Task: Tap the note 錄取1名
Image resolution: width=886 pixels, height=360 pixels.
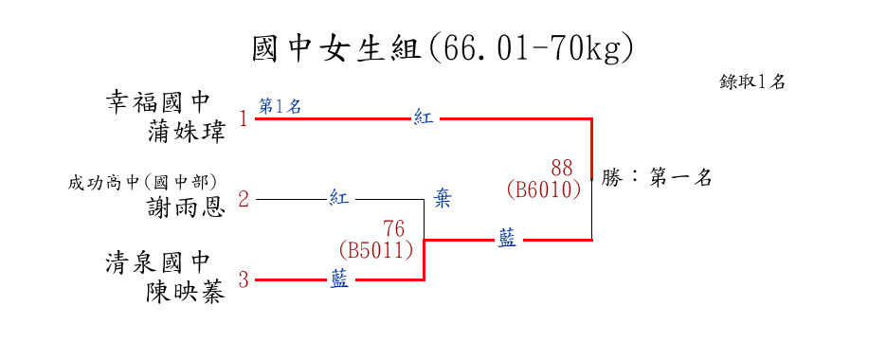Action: [x=752, y=81]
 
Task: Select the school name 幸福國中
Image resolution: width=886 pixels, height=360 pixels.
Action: [x=157, y=103]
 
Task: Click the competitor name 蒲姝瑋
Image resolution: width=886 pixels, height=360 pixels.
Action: [x=187, y=132]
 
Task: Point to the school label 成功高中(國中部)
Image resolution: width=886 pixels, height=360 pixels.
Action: [x=142, y=183]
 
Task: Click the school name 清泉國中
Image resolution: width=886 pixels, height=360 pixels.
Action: [x=157, y=262]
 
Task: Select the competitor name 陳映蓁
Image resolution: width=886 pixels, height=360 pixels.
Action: [x=187, y=292]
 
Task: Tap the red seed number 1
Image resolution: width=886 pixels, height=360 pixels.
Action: [x=244, y=119]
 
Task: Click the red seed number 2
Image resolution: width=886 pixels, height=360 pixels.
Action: [x=244, y=200]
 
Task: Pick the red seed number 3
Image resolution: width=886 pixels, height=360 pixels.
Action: [x=244, y=279]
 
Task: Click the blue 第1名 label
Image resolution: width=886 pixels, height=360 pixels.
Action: [x=280, y=106]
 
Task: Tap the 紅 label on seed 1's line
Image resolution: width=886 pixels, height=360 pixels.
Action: [x=424, y=118]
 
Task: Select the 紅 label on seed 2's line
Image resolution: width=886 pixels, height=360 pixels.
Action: [x=339, y=198]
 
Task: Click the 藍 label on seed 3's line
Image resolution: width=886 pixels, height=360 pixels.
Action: [x=339, y=279]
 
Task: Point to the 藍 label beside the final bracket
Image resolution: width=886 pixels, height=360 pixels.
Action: [x=507, y=239]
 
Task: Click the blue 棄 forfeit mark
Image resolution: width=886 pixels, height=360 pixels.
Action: [x=443, y=199]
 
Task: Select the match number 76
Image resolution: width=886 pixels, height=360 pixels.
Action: [x=394, y=229]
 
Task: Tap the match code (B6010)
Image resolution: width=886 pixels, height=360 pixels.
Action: [x=544, y=189]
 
